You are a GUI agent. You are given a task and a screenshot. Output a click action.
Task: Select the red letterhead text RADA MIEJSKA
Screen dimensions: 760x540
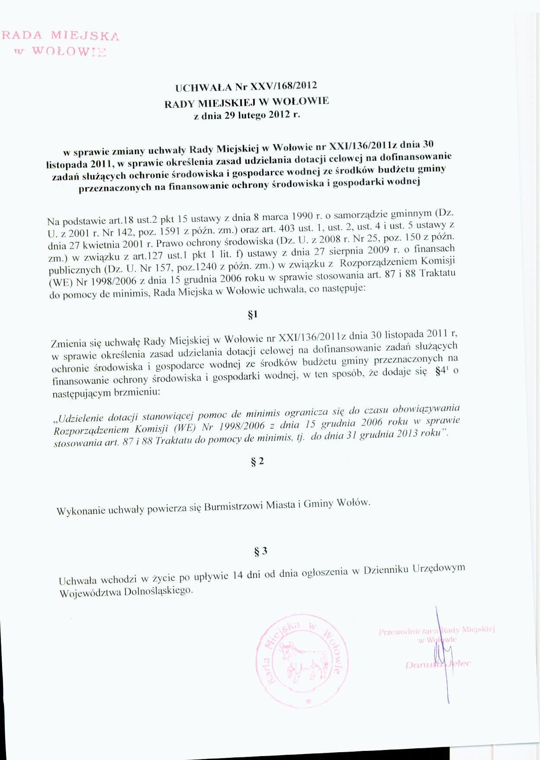pyautogui.click(x=61, y=36)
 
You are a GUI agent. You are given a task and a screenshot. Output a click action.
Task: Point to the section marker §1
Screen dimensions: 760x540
pyautogui.click(x=253, y=315)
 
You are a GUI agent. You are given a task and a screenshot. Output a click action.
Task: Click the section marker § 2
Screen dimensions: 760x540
pyautogui.click(x=257, y=462)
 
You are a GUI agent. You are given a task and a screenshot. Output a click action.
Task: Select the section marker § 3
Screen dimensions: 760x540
pyautogui.click(x=261, y=551)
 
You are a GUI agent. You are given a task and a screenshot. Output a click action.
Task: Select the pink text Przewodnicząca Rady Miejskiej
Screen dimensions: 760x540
pyautogui.click(x=437, y=631)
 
